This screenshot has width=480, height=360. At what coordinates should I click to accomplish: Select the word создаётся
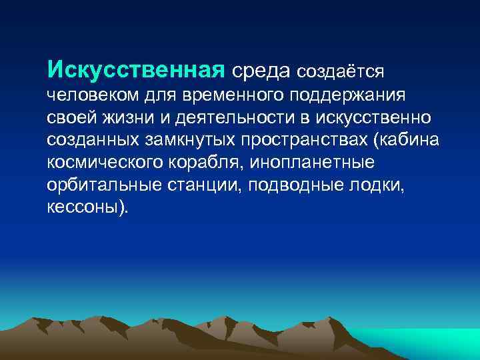pos(340,70)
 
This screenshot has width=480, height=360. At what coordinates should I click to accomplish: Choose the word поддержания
pos(350,95)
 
